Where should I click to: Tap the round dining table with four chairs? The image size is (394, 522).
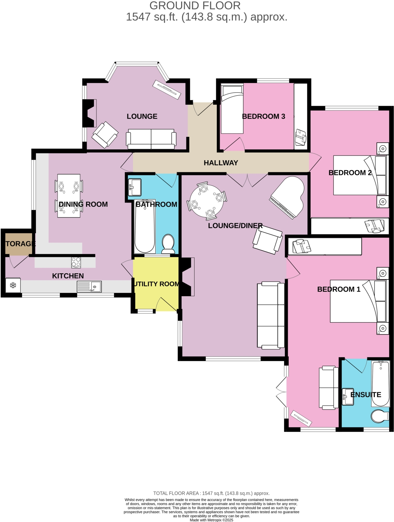click(x=207, y=200)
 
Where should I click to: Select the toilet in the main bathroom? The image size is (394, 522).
click(x=168, y=243)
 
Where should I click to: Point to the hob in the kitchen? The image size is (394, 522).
click(x=76, y=262)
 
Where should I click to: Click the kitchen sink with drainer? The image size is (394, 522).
click(x=89, y=287)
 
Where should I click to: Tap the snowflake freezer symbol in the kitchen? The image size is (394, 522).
click(x=13, y=285)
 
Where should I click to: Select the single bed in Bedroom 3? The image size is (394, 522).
click(x=232, y=109)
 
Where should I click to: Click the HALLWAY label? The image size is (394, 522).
click(x=221, y=163)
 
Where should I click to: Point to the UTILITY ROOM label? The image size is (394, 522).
click(x=156, y=284)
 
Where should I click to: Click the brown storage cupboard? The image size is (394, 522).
click(x=19, y=244)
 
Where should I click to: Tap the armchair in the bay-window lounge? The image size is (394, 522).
click(x=105, y=135)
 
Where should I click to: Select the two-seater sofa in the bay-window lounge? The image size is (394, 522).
click(x=151, y=139)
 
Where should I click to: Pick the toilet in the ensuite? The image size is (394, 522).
click(x=379, y=416)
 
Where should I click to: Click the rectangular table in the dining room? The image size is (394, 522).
click(x=69, y=196)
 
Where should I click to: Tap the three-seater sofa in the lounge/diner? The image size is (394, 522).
click(x=271, y=315)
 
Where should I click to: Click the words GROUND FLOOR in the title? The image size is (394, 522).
click(x=195, y=6)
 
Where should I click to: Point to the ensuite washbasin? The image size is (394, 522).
click(x=347, y=397)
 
